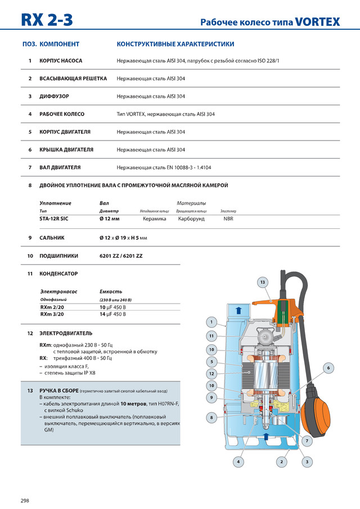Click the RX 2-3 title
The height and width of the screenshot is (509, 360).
tap(47, 20)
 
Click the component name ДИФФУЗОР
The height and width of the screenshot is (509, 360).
tap(54, 96)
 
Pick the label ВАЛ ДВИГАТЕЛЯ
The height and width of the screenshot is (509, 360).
tap(60, 168)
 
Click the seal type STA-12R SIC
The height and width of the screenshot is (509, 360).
tap(55, 219)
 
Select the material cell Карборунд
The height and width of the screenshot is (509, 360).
tap(191, 219)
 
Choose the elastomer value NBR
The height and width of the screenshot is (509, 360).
tap(228, 219)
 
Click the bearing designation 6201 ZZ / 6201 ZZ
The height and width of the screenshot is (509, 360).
tap(121, 256)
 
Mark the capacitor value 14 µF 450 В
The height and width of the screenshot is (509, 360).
tap(112, 315)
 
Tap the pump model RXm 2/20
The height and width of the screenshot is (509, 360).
tap(52, 308)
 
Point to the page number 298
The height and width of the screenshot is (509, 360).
tap(25, 501)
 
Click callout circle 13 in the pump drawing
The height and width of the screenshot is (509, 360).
tap(262, 281)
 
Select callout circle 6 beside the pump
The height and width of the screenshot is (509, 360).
tap(328, 367)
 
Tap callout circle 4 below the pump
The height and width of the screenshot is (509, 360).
tap(238, 462)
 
